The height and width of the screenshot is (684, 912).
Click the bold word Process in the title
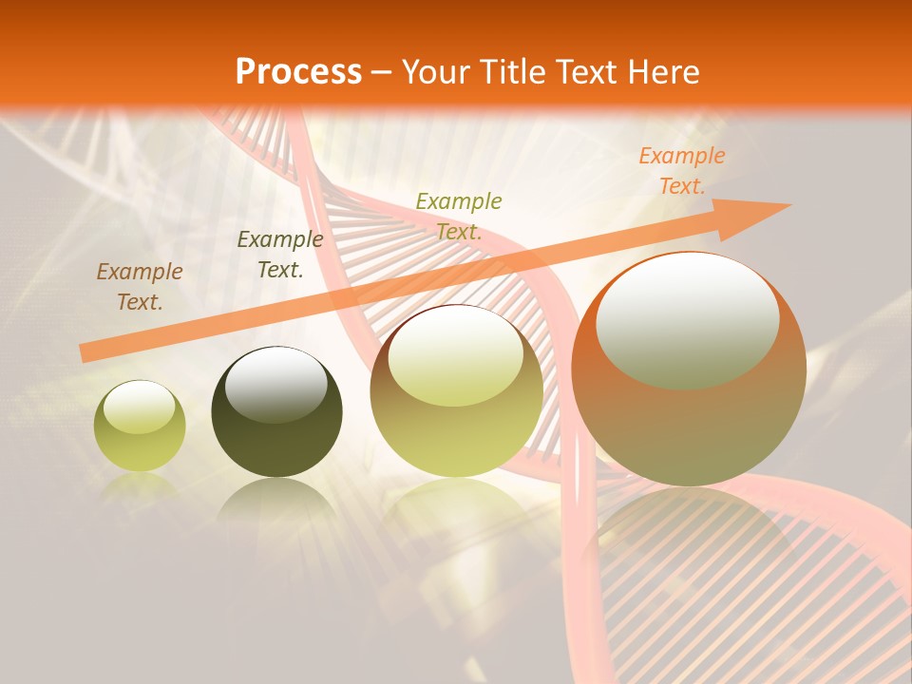tap(298, 72)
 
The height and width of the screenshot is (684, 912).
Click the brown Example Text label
tap(140, 287)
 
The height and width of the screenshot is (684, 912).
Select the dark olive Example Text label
tap(279, 255)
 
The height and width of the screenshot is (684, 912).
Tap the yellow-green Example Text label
tap(459, 216)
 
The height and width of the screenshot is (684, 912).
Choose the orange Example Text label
tap(681, 171)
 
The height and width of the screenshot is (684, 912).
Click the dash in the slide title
tap(382, 72)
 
